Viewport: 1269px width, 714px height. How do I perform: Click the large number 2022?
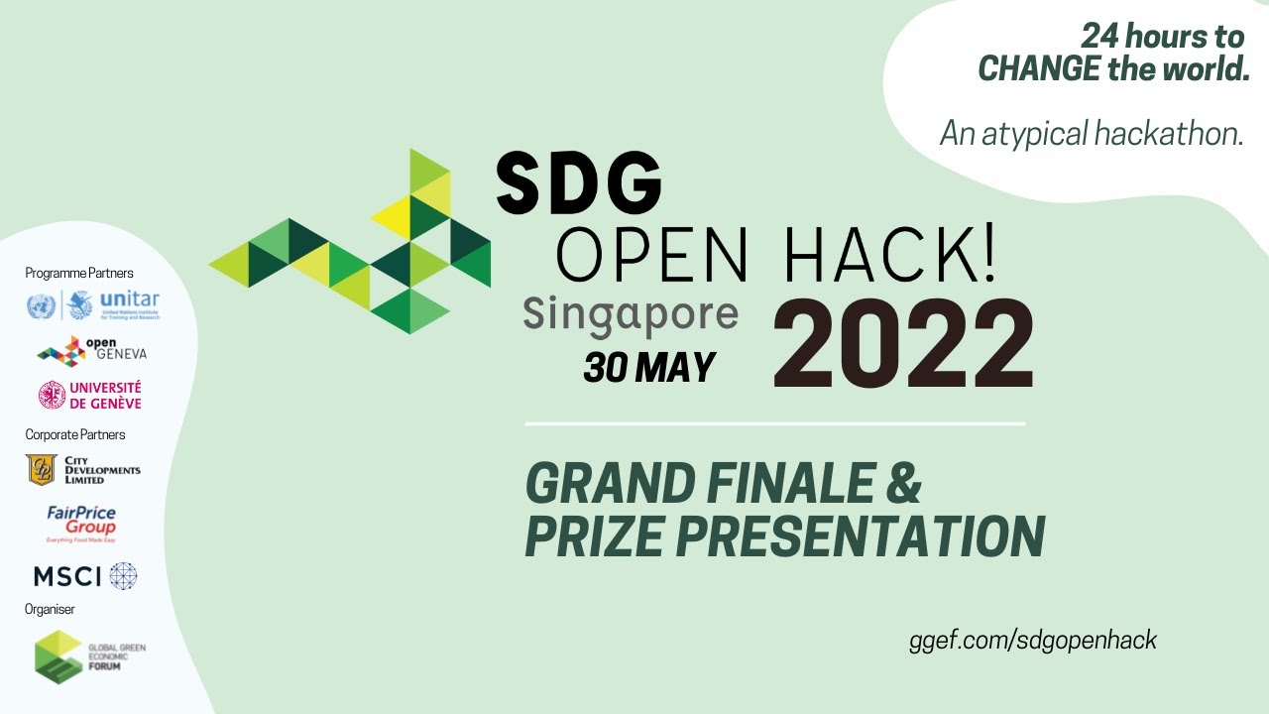[x=903, y=343]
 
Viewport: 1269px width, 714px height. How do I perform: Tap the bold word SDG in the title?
[x=579, y=182]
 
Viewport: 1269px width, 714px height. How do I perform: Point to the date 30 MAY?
[x=649, y=368]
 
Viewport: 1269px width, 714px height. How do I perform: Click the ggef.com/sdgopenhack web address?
[x=1033, y=640]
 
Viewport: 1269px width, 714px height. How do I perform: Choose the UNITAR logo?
[x=93, y=304]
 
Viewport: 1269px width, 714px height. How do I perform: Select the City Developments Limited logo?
[x=83, y=470]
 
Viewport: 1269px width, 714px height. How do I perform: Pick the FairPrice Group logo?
[x=81, y=524]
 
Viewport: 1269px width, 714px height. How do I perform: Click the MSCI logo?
[x=85, y=576]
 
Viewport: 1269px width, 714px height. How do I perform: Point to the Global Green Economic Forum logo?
[x=89, y=655]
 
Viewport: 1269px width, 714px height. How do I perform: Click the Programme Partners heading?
[x=79, y=273]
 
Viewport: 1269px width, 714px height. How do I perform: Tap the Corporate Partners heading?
[x=75, y=434]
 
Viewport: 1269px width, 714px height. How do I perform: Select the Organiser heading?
[x=50, y=609]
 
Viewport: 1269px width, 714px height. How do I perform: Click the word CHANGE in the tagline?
[x=1039, y=69]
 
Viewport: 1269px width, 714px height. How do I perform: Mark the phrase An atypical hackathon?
[x=1092, y=133]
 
